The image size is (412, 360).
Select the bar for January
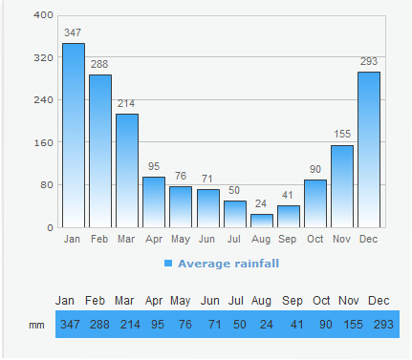point(74,135)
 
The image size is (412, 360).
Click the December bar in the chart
point(369,149)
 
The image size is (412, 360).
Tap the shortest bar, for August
point(262,221)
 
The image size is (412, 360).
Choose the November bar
point(342,186)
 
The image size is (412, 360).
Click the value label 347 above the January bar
point(73,33)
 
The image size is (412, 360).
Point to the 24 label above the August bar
point(262,203)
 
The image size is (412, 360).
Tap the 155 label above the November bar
point(342,135)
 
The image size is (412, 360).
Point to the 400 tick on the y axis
point(43,15)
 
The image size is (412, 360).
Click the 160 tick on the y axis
point(43,142)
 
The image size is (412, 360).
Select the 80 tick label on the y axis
point(46,185)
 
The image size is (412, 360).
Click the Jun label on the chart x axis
point(207,239)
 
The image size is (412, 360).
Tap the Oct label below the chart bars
point(315,239)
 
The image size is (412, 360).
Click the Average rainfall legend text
point(228,263)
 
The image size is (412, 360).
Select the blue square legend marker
point(168,263)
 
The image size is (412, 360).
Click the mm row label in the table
point(36,325)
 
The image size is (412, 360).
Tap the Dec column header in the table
point(379,301)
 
